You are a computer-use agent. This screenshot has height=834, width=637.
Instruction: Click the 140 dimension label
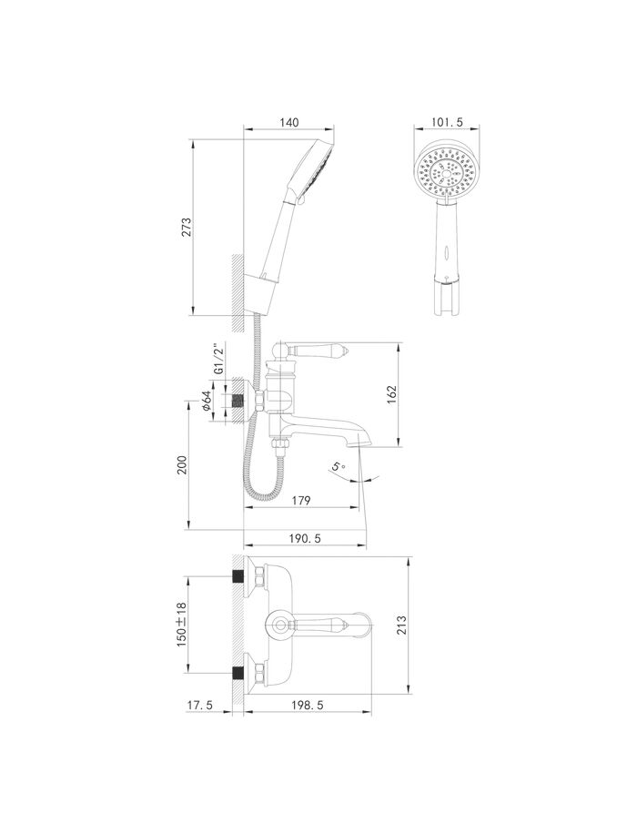[x=288, y=122]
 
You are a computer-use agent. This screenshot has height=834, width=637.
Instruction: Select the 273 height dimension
[x=187, y=227]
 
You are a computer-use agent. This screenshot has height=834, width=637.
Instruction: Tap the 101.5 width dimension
[x=447, y=122]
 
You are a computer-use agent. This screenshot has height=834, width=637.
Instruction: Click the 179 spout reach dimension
[x=300, y=500]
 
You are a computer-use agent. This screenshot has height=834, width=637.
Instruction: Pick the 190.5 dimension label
[x=304, y=538]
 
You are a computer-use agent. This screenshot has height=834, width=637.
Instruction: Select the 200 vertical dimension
[x=182, y=466]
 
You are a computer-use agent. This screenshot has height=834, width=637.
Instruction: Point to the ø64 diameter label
[x=207, y=401]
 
